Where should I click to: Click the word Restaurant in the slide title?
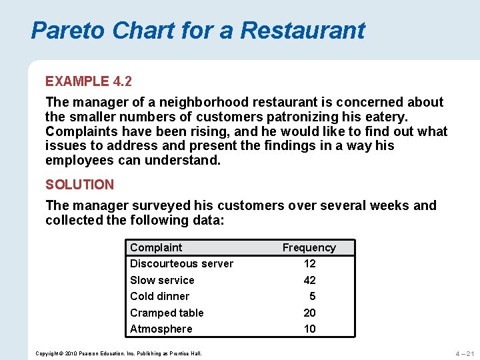pos(303,30)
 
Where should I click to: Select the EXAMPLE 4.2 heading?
pos(89,81)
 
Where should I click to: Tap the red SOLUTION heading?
pos(79,185)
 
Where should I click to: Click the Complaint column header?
pos(156,247)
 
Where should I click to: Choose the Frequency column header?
pos(309,247)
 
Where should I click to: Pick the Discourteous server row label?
pos(181,263)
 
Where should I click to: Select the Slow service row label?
pos(162,280)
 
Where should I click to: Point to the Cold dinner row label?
pos(159,296)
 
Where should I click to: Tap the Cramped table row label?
pos(167,313)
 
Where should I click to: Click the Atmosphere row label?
pos(161,329)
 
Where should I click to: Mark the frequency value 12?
pos(309,263)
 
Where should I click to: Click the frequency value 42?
pos(309,280)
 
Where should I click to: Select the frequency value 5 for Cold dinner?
pos(312,296)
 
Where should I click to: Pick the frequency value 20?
pos(309,313)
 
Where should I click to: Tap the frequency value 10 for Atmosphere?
pos(309,329)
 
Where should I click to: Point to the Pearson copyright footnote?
pos(118,353)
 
